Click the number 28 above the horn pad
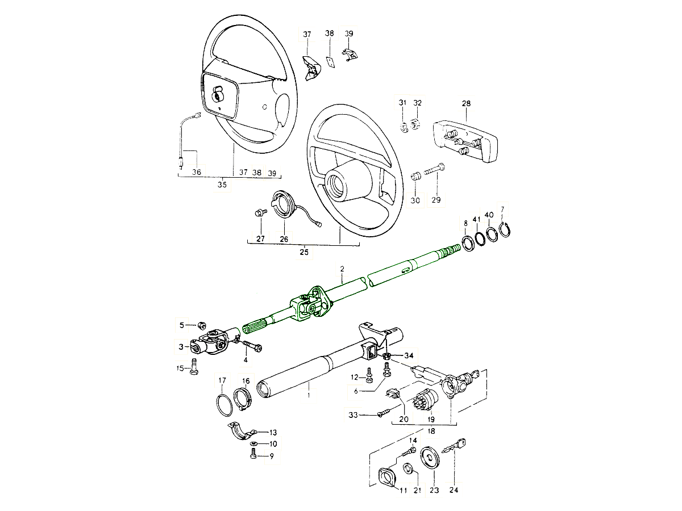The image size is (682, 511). pyautogui.click(x=466, y=104)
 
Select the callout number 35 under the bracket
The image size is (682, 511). pyautogui.click(x=222, y=185)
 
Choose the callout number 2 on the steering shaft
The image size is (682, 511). pyautogui.click(x=342, y=267)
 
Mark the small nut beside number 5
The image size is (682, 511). pyautogui.click(x=201, y=325)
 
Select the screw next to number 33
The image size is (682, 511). pyautogui.click(x=385, y=414)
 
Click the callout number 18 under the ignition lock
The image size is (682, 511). pyautogui.click(x=431, y=432)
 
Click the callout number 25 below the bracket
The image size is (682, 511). pyautogui.click(x=304, y=252)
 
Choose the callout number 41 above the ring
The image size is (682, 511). pyautogui.click(x=477, y=219)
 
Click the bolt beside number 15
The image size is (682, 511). pyautogui.click(x=194, y=366)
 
